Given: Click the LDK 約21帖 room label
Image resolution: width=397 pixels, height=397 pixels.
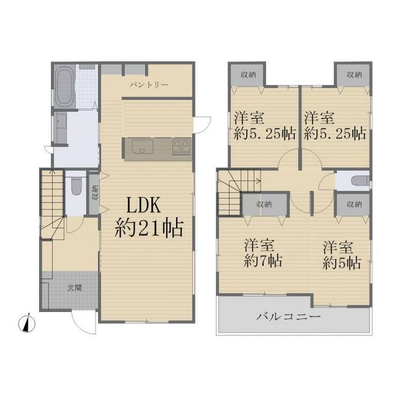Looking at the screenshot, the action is coord(149,217).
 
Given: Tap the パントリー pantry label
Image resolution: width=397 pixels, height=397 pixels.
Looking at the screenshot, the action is coord(149,85).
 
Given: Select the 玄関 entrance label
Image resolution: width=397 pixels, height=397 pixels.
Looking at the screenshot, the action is coord(74,288).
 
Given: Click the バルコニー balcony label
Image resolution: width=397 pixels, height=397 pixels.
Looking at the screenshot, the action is coord(288,316).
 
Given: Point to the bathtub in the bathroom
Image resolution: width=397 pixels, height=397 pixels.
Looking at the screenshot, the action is coord(64,87).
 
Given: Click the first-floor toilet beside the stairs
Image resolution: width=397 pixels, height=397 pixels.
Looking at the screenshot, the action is coord(76,185).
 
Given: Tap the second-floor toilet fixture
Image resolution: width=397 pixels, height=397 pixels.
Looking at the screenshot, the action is coord(360,181).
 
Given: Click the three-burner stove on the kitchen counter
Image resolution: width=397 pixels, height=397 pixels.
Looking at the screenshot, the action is coord(181,146).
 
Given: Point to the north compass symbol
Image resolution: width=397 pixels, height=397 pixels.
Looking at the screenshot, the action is coord(27,323).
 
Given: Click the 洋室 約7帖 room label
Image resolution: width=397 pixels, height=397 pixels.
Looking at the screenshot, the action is coord(263,252).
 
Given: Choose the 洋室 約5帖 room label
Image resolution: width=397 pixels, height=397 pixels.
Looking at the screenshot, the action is coord(342,255).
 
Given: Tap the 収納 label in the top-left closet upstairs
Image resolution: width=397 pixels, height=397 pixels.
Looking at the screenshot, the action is coord(248,74).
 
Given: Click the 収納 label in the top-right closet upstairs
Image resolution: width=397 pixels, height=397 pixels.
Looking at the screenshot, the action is coord(354,74).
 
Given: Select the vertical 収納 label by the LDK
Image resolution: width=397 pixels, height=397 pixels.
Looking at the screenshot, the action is coord(95,193).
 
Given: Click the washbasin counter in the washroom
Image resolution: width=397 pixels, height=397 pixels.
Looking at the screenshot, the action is coord(61,128).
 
